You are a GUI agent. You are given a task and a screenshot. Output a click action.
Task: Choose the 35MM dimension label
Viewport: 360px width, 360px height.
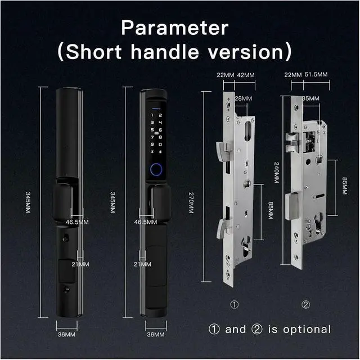(x=310, y=99)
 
